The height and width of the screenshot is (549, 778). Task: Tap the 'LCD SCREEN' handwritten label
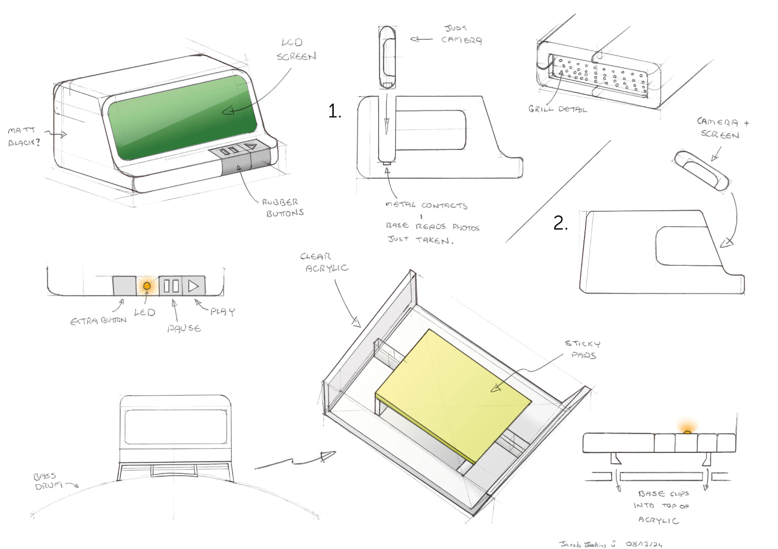[295, 49]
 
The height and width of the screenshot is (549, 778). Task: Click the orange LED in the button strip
[147, 286]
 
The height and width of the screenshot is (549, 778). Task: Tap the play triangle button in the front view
[193, 286]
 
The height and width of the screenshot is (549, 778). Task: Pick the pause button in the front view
[171, 286]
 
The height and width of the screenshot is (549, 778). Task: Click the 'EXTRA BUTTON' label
[98, 320]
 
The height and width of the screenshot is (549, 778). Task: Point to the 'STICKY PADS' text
[583, 349]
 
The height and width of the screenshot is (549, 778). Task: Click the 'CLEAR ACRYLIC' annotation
[325, 263]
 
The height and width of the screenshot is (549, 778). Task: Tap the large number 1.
[334, 111]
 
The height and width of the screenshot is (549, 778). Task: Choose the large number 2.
[560, 223]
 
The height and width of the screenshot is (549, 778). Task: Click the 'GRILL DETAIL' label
[557, 109]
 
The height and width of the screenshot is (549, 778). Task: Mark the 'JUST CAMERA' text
[460, 34]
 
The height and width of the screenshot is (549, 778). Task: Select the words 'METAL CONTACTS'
[426, 205]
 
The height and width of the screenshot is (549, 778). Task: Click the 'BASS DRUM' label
[46, 481]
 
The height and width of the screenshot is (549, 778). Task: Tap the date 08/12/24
[644, 544]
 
